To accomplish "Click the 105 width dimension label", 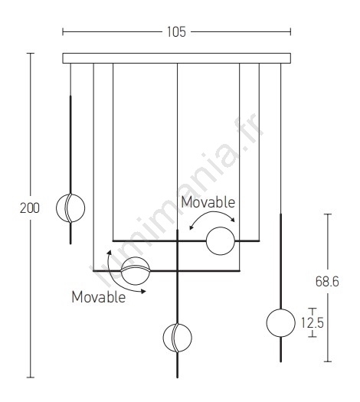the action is tap(176, 32).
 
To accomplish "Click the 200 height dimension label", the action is tap(30, 208).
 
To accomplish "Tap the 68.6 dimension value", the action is tap(327, 281).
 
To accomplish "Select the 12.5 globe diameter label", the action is tap(313, 322).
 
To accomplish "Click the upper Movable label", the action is tap(208, 202).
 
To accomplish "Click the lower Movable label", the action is tap(99, 297).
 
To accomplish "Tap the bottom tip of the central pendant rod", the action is tap(177, 377).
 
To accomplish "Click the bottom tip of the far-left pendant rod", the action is tap(70, 243).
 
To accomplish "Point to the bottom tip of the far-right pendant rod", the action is tap(281, 361).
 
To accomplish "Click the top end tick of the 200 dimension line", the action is tap(31, 54).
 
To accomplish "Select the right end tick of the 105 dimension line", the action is tap(290, 32).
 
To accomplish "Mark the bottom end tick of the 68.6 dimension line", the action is tap(327, 361).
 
